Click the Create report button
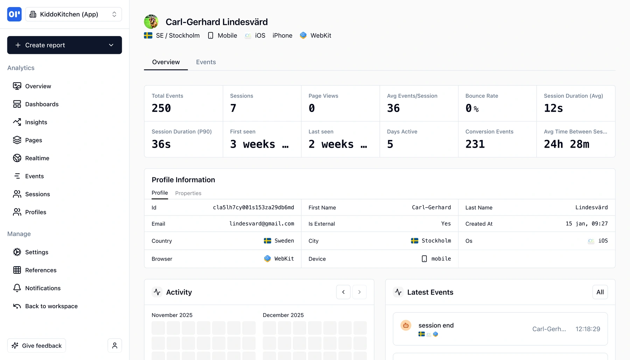[x=64, y=45]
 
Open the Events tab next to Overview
[x=206, y=62]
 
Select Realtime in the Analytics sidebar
[x=37, y=158]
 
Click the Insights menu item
[x=36, y=122]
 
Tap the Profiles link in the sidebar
[x=35, y=212]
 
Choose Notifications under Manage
[x=43, y=288]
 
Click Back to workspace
[x=51, y=306]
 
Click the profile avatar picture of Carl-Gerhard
[x=151, y=22]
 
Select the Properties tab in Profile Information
[x=188, y=193]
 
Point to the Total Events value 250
[x=161, y=108]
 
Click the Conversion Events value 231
[x=475, y=144]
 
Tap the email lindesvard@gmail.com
[x=261, y=224]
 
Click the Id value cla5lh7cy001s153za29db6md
[x=253, y=207]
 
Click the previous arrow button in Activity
[x=343, y=292]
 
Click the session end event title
[x=436, y=325]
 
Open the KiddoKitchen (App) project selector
[x=73, y=14]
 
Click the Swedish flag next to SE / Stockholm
[x=148, y=35]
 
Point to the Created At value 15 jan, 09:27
[x=587, y=224]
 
